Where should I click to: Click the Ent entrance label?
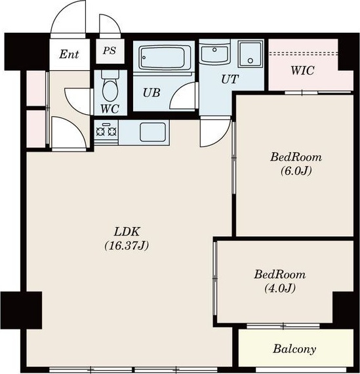coord(69,54)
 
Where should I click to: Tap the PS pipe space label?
coord(110,51)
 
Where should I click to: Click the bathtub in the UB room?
coord(163,58)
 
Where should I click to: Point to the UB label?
coord(151,93)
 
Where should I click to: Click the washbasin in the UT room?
coord(214,54)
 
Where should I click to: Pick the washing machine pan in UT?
coord(250,54)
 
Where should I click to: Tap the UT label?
coord(230,79)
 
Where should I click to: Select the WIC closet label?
coord(302,71)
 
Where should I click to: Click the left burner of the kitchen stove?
coord(100,131)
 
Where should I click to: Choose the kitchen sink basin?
coord(153,132)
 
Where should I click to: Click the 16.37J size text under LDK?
coord(127,245)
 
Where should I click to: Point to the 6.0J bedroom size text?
coord(296,171)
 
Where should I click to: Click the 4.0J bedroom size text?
coord(280,288)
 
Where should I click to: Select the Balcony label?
coord(294,349)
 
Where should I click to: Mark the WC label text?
coord(110,109)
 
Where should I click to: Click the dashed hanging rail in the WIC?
coord(304,53)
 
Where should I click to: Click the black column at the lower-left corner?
coord(22,310)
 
